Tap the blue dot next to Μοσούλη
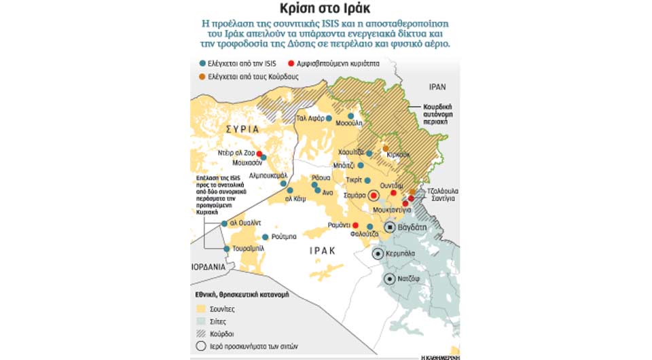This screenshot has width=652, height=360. [x=351, y=116]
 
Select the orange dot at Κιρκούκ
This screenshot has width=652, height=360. [x=386, y=149]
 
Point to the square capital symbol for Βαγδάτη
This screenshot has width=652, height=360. [x=391, y=228]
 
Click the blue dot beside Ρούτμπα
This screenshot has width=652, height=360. [x=266, y=237]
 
